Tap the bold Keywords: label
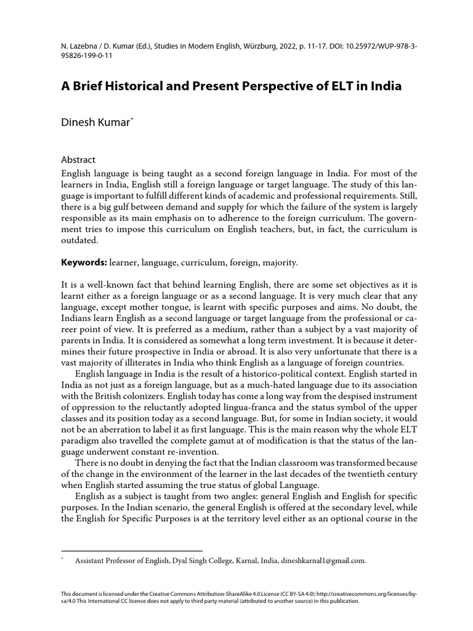pos(83,263)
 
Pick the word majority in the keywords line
pos(280,263)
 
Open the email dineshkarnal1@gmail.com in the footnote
pos(323,561)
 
